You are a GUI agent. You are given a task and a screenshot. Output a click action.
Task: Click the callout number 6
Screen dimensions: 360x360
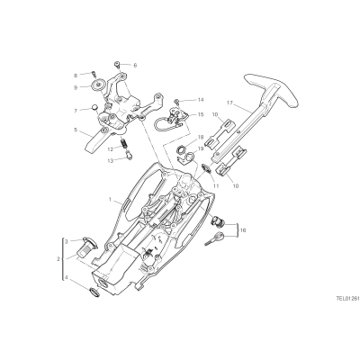pyautogui.click(x=135, y=65)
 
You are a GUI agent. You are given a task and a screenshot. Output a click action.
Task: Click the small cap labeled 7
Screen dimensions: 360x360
pyautogui.click(x=94, y=107)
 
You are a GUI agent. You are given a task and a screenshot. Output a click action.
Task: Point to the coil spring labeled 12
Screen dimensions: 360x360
pyautogui.click(x=123, y=144)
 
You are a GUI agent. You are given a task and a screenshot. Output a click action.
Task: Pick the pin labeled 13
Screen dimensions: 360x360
pyautogui.click(x=130, y=156)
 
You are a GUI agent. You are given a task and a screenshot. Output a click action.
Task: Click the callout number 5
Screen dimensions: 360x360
pyautogui.click(x=76, y=130)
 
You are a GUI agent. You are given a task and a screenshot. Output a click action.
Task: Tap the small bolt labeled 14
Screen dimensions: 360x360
pyautogui.click(x=178, y=101)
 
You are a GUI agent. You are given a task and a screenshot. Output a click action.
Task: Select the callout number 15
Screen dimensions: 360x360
pyautogui.click(x=200, y=114)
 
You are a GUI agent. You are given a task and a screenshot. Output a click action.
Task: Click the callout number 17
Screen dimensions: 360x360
pyautogui.click(x=229, y=103)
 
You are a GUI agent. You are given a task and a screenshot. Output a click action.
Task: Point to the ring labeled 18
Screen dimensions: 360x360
pyautogui.click(x=181, y=148)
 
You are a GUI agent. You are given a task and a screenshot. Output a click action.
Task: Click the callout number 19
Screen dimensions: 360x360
pyautogui.click(x=201, y=148)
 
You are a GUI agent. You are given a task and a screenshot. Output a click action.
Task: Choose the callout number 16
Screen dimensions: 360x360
pyautogui.click(x=243, y=230)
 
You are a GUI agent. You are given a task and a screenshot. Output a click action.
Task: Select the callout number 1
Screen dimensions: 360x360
pyautogui.click(x=110, y=199)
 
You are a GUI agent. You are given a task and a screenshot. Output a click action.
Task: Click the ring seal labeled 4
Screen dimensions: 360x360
pyautogui.click(x=94, y=292)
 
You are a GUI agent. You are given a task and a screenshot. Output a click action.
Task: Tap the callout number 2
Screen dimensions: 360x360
pyautogui.click(x=58, y=258)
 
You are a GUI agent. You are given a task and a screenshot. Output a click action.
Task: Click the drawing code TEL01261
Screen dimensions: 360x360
pyautogui.click(x=347, y=299)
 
